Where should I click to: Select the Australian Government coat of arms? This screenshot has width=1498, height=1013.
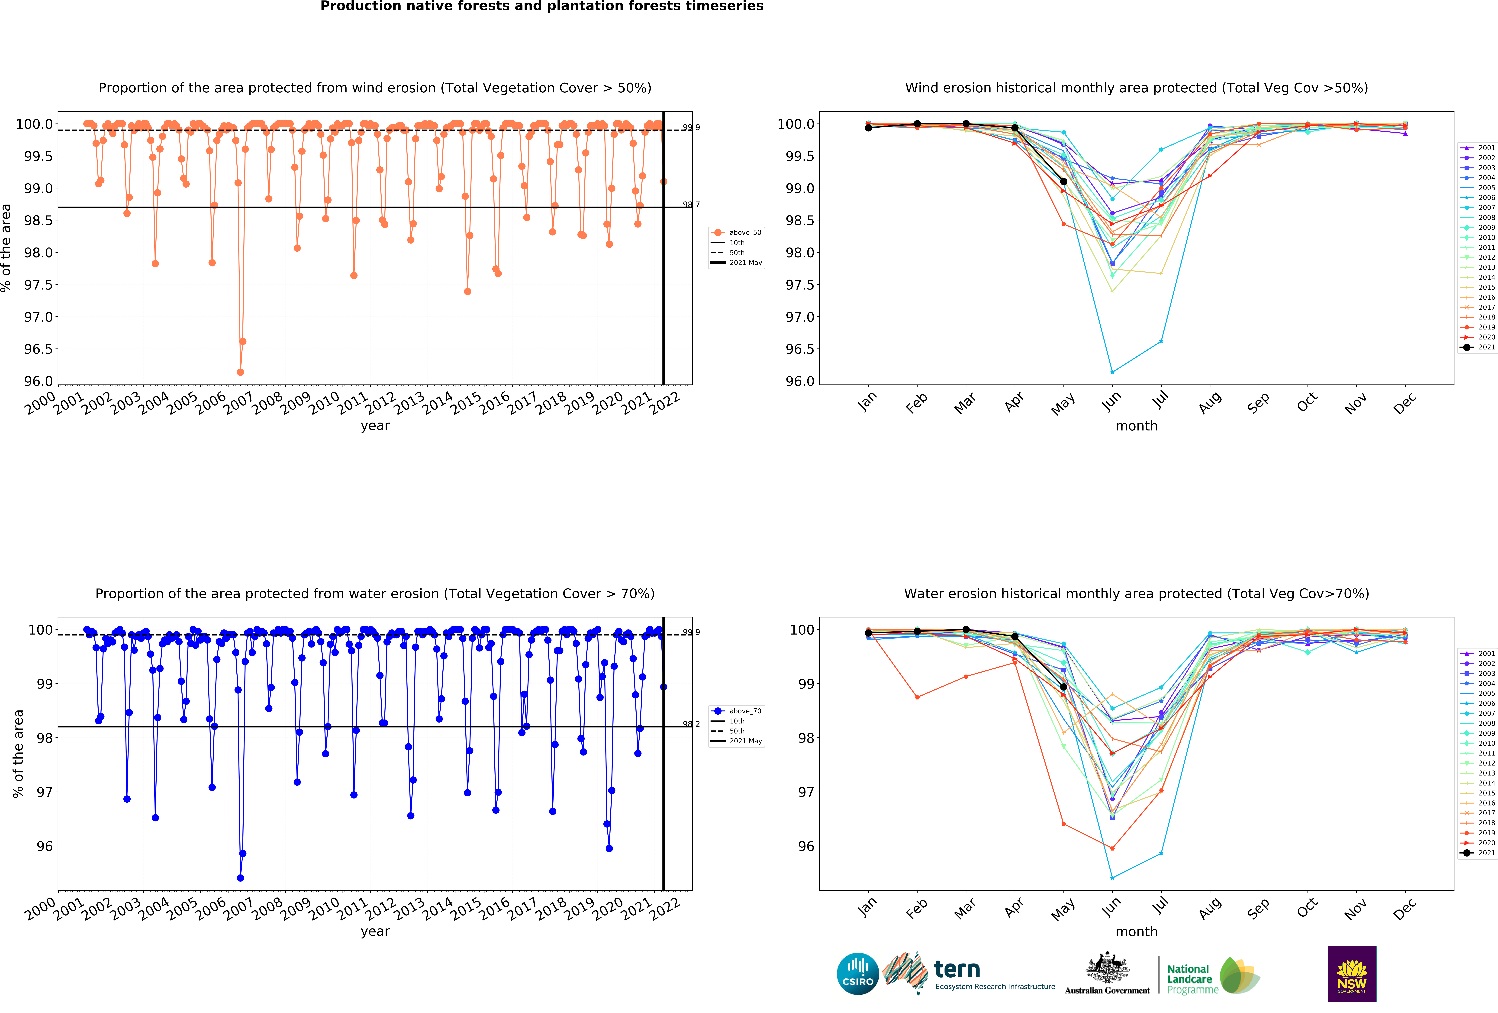point(1107,967)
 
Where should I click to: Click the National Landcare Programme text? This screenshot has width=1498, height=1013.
point(1191,979)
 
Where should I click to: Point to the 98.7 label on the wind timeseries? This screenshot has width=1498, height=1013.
point(691,204)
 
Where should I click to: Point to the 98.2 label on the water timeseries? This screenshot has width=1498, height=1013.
point(691,724)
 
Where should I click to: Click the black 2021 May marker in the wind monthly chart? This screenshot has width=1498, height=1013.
point(1063,182)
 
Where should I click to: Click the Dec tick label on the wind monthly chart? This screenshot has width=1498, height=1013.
point(1405,402)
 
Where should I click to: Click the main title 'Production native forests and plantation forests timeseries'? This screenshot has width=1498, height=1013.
point(541,7)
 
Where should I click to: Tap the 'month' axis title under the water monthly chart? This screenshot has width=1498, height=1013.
point(1136,932)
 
